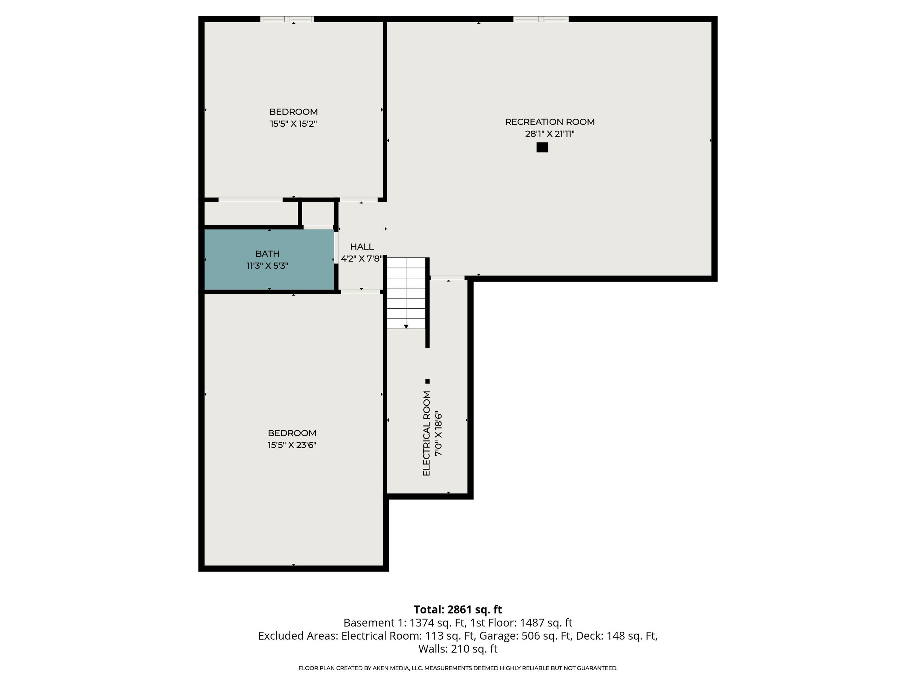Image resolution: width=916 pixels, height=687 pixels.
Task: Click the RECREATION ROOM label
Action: tap(550, 122)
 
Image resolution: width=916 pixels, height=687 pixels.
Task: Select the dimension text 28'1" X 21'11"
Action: tap(550, 134)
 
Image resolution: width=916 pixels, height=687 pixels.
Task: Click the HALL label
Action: tap(362, 247)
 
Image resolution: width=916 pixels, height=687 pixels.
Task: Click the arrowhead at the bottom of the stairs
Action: tap(406, 327)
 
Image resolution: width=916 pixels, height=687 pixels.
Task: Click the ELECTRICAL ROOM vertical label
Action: tap(427, 433)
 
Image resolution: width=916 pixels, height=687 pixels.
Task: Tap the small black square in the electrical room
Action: tap(427, 381)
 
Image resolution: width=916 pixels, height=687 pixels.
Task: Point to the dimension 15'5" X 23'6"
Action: tap(292, 445)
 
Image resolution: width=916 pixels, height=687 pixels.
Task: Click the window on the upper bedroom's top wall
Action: tap(287, 19)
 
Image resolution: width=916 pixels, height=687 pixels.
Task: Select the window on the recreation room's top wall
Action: tap(541, 19)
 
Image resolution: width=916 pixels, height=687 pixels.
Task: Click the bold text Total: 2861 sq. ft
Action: tap(458, 609)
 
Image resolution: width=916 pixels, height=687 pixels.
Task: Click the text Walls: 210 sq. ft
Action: tap(458, 649)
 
